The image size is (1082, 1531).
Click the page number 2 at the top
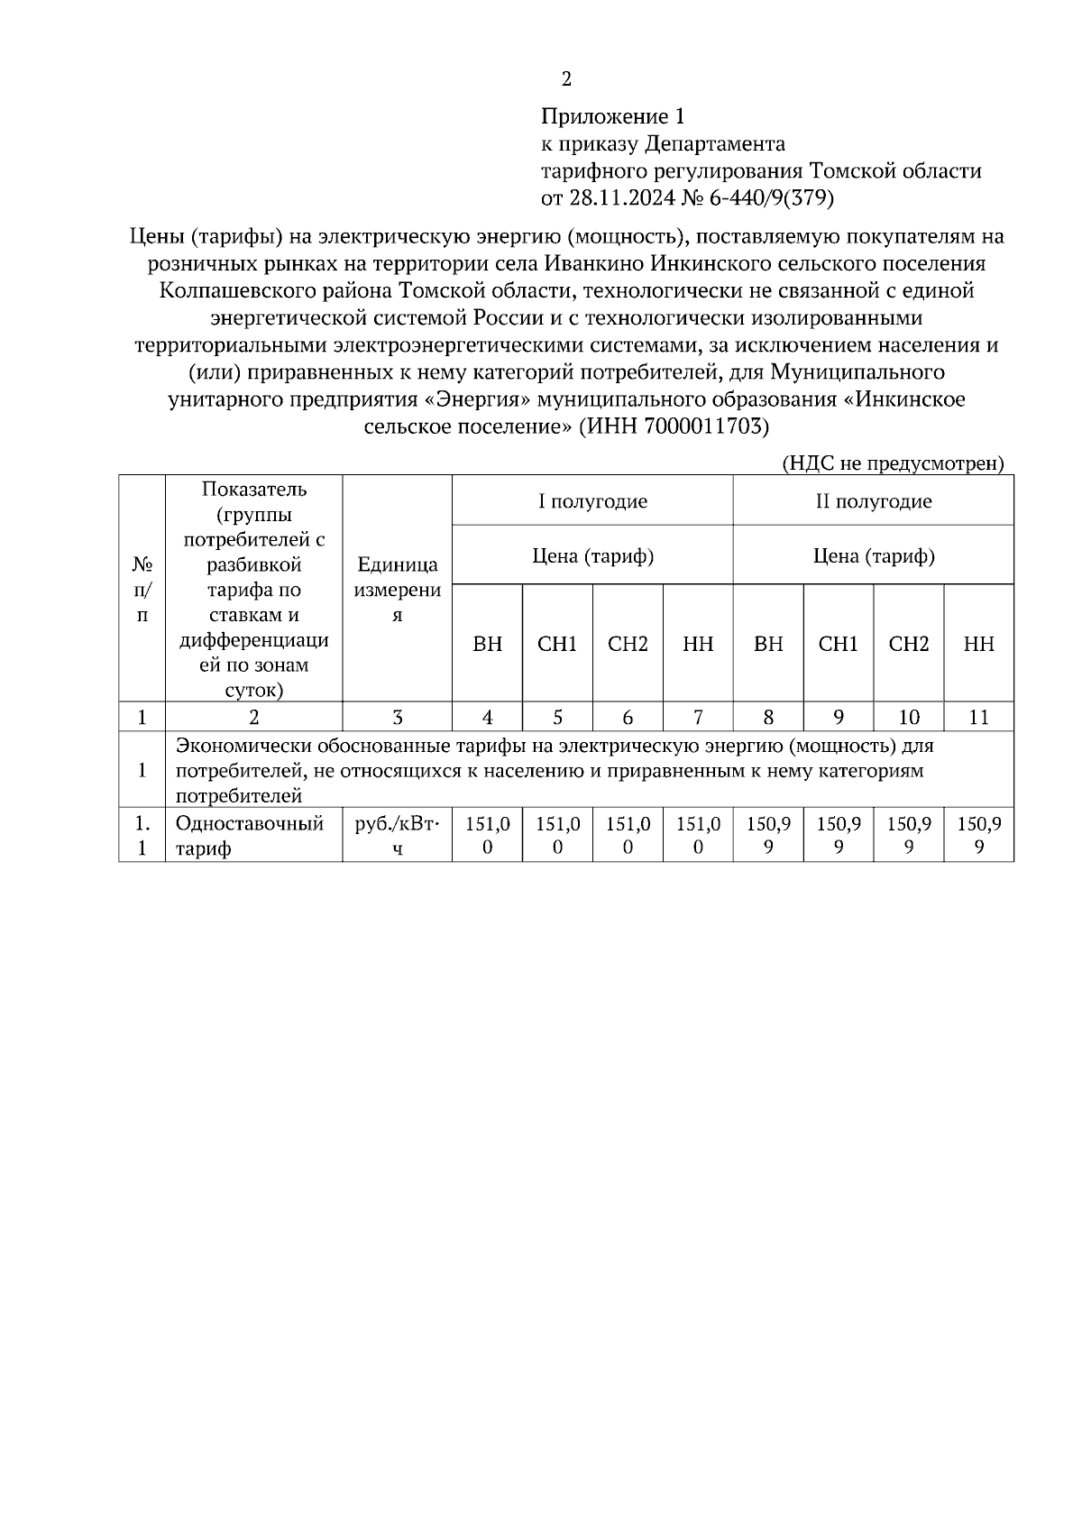[566, 79]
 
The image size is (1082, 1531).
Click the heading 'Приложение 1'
[612, 116]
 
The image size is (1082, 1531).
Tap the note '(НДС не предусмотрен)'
[892, 463]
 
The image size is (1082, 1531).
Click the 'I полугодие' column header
[592, 501]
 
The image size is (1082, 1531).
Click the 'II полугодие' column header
[873, 501]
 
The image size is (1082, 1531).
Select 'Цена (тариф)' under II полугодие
[873, 555]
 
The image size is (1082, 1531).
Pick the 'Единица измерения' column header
[397, 590]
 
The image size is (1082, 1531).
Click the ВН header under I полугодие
[487, 644]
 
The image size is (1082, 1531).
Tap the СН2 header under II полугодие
[908, 644]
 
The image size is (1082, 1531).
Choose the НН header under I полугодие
[698, 644]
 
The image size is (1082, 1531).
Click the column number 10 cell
[908, 718]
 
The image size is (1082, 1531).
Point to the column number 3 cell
[397, 718]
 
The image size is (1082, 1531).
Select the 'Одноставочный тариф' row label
[249, 836]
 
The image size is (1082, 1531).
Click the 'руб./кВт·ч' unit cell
[397, 836]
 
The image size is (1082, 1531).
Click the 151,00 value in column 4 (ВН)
[487, 836]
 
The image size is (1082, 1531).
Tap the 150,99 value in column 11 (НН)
[978, 836]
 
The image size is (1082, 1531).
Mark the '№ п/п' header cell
[142, 590]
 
